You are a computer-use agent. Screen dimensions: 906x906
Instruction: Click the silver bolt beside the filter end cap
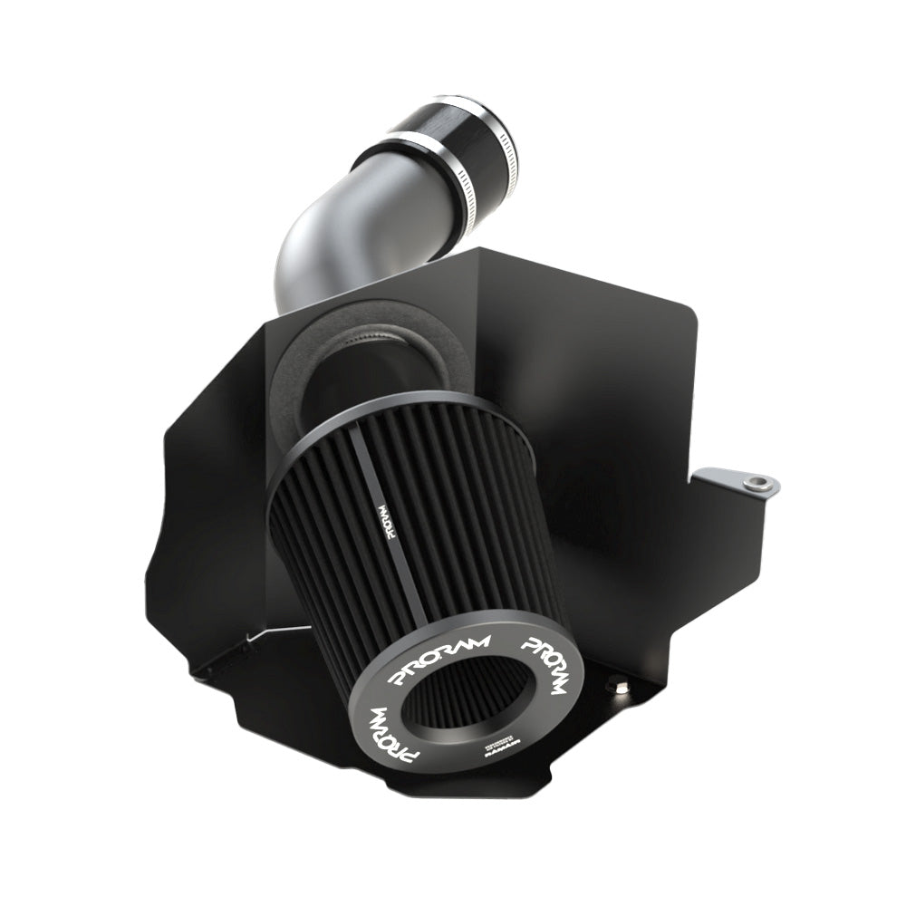click(x=619, y=686)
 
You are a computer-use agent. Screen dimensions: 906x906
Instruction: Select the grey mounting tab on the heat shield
click(x=741, y=480)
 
